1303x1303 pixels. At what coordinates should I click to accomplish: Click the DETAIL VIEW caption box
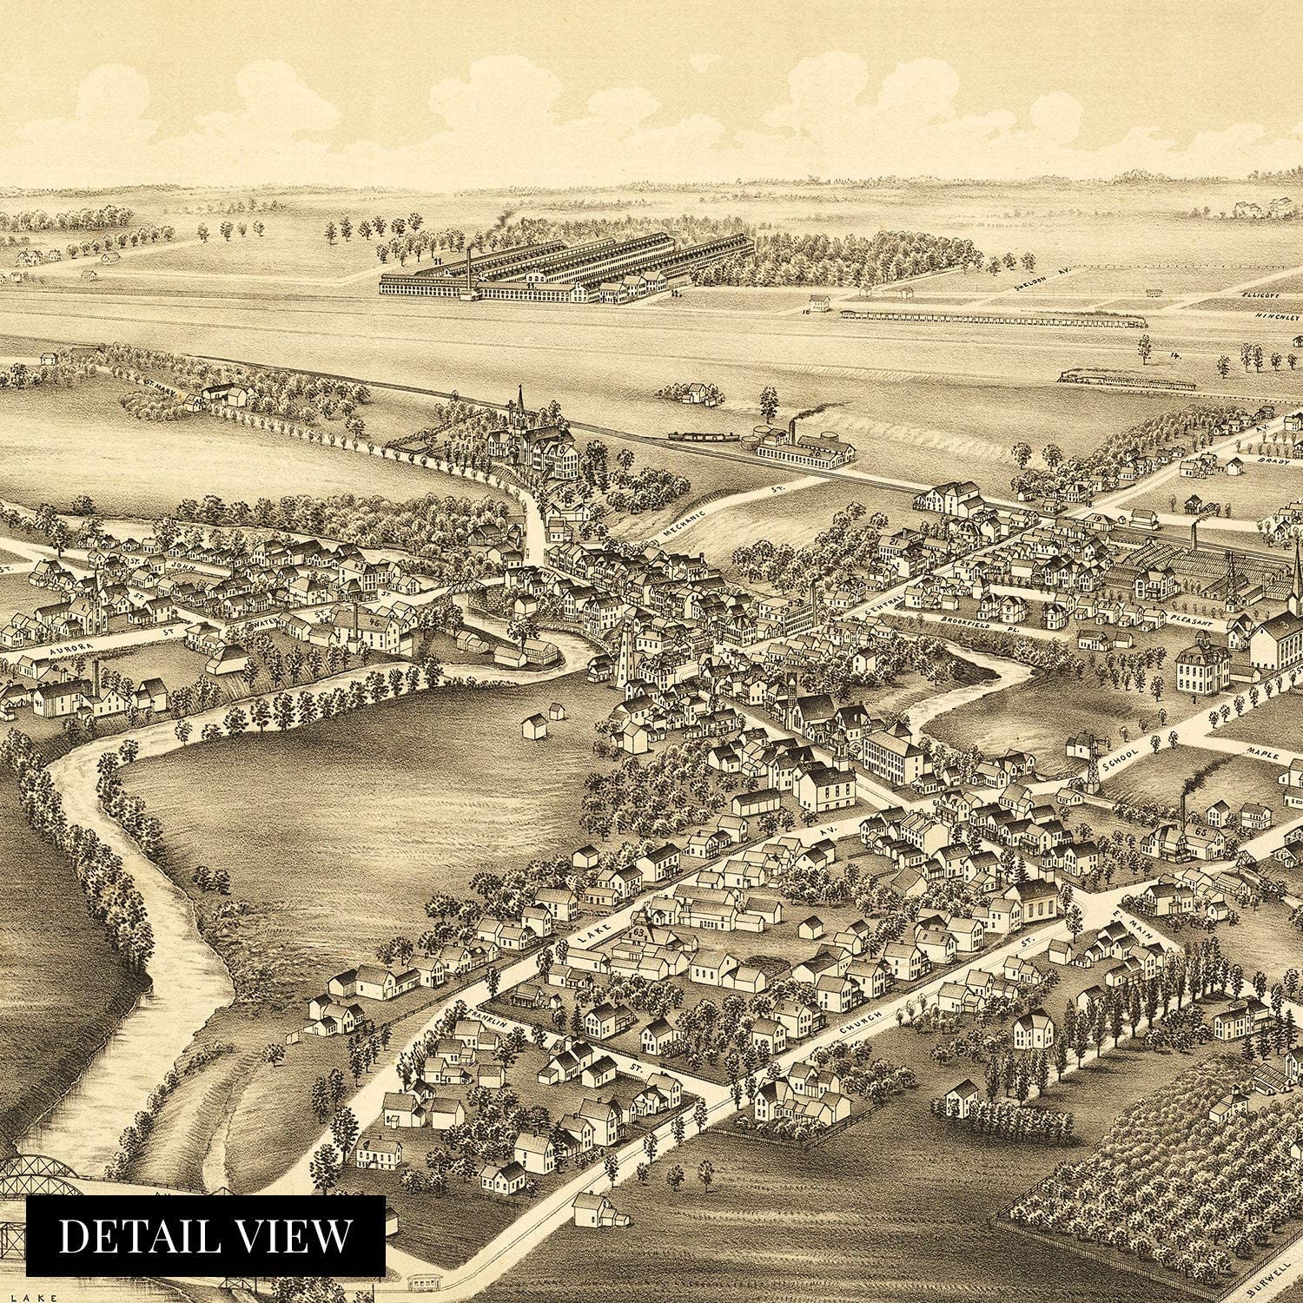(205, 1236)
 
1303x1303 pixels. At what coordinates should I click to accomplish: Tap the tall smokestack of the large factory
(468, 269)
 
